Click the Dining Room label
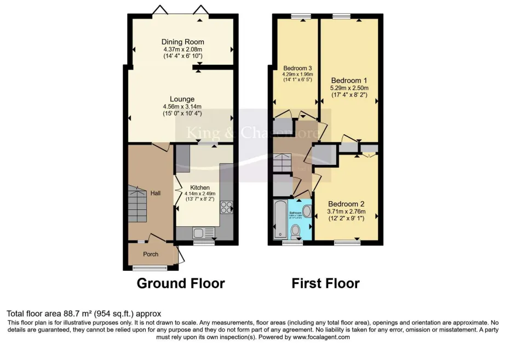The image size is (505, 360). tap(182, 42)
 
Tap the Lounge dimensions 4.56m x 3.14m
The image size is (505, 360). tap(182, 106)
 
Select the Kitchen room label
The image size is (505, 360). tap(200, 187)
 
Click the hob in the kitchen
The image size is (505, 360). tap(226, 207)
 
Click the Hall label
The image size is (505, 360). tap(156, 193)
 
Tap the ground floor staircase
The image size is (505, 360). tap(137, 203)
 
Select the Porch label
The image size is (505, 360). tap(151, 254)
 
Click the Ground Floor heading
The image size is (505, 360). tap(180, 283)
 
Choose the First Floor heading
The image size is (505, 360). tap(325, 283)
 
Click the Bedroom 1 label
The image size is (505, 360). tap(348, 80)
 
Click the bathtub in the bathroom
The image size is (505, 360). tap(279, 219)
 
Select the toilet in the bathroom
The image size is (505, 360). tap(296, 231)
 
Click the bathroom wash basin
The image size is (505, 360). tap(306, 212)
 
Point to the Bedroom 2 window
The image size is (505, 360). tap(344, 242)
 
